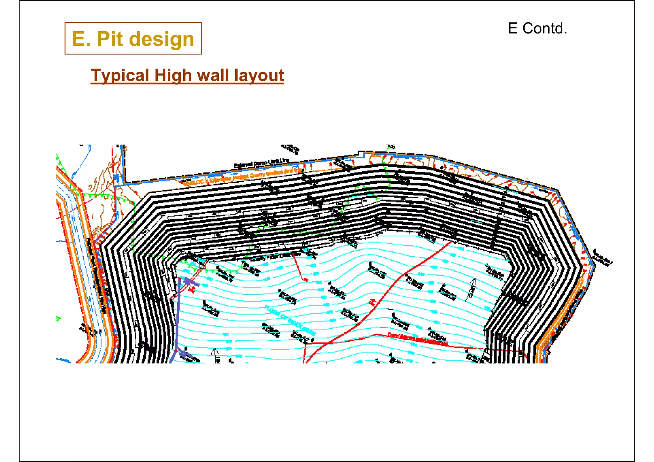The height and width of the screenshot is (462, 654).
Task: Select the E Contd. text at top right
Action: pyautogui.click(x=537, y=28)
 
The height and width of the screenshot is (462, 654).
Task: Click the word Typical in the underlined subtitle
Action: pyautogui.click(x=120, y=75)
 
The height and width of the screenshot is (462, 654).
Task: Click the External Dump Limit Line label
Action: pyautogui.click(x=262, y=163)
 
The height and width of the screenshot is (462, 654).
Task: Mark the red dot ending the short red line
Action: pyautogui.click(x=306, y=280)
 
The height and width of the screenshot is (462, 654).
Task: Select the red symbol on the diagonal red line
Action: pyautogui.click(x=372, y=302)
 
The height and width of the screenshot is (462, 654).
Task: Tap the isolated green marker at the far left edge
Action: pyautogui.click(x=58, y=318)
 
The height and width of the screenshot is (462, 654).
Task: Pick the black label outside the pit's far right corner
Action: pyautogui.click(x=603, y=257)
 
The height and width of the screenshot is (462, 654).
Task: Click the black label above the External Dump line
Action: pyautogui.click(x=290, y=148)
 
